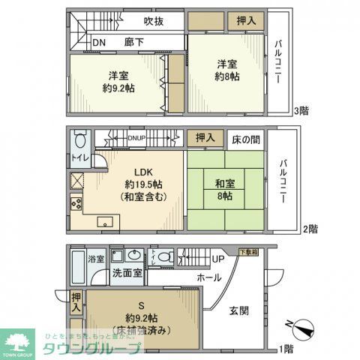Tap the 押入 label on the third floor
point(245,21)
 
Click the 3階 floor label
point(301,111)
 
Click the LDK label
point(136,169)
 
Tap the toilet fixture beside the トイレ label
point(82,140)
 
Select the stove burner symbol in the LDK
point(76,202)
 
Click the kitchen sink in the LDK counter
point(105,221)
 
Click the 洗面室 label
point(127,273)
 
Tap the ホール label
point(208,277)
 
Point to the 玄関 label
point(240,310)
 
